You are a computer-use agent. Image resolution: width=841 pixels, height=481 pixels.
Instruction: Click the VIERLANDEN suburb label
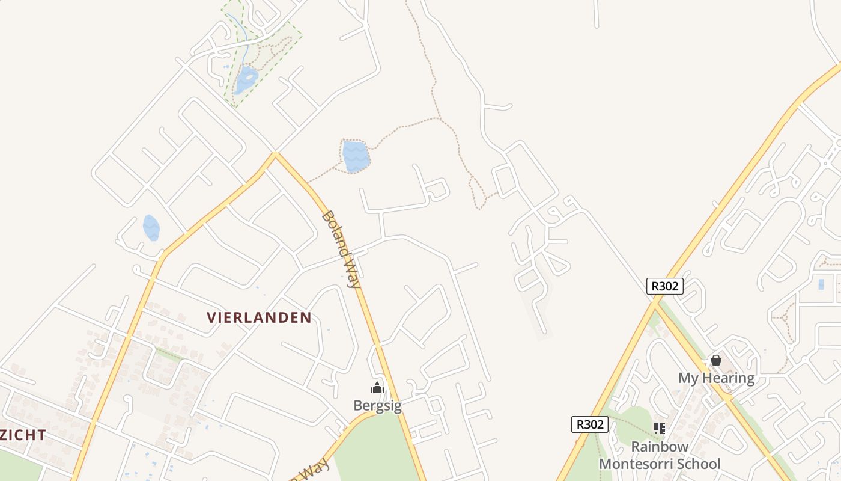tap(260, 317)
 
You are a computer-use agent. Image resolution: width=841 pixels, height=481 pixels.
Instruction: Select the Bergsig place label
tap(377, 405)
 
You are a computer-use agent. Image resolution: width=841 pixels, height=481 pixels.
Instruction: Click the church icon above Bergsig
tap(377, 388)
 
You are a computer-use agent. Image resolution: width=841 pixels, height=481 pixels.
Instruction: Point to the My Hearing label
tap(716, 378)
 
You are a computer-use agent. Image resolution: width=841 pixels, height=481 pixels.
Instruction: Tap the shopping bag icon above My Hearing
tap(716, 360)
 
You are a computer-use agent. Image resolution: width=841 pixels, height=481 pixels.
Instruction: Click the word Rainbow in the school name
tap(660, 447)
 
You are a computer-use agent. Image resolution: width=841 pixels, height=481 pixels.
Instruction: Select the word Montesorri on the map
tap(641, 464)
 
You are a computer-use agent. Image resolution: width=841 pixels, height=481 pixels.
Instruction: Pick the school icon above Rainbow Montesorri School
tap(660, 429)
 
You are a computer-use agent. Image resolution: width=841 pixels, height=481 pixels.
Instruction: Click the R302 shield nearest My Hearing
tap(665, 286)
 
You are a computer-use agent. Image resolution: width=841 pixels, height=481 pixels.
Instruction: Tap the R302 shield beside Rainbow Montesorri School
tap(589, 424)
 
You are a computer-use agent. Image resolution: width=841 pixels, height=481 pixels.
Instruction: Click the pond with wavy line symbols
tap(356, 156)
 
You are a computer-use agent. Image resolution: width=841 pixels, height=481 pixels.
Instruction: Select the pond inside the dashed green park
tap(246, 79)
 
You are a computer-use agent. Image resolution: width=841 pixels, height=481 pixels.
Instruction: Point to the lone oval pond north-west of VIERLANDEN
tap(151, 228)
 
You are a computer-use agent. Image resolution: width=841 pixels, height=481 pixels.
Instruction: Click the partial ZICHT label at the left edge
tap(23, 435)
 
